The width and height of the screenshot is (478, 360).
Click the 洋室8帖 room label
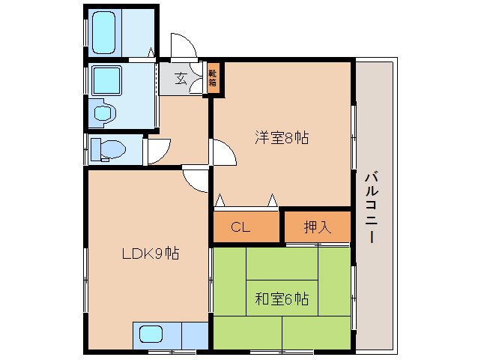[282, 138]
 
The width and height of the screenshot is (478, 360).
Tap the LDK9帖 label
[151, 253]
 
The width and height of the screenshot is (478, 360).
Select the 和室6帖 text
[282, 299]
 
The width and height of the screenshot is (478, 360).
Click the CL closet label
[240, 227]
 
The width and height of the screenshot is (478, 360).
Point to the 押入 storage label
[318, 227]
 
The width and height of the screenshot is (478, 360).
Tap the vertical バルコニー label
[372, 208]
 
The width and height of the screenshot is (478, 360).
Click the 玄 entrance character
[181, 79]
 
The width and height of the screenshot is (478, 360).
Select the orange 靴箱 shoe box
[213, 78]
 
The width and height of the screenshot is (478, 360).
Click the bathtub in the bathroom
[103, 33]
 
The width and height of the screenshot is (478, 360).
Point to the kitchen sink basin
[151, 334]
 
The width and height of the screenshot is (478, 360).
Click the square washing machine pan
[106, 80]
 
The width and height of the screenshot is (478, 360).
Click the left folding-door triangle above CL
[220, 199]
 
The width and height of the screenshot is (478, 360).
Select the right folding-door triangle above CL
[273, 199]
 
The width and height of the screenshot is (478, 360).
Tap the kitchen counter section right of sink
[195, 335]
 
